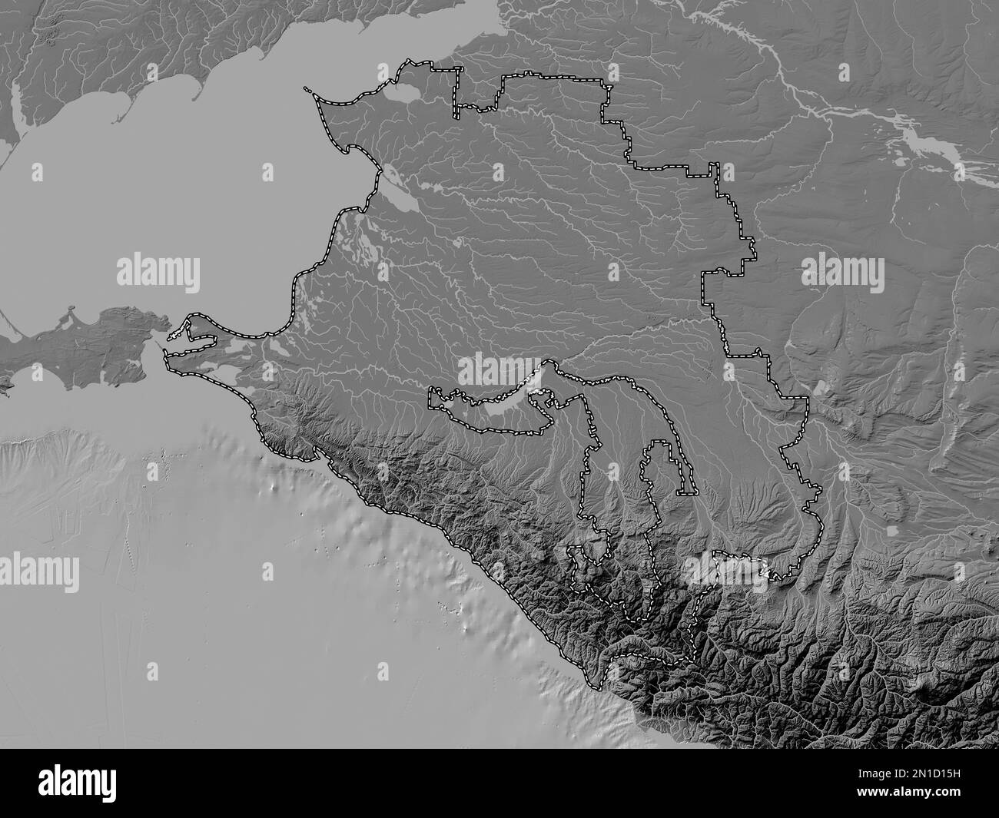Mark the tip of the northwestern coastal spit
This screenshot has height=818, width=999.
[307, 90]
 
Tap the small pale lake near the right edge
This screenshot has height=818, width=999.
[892, 530]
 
